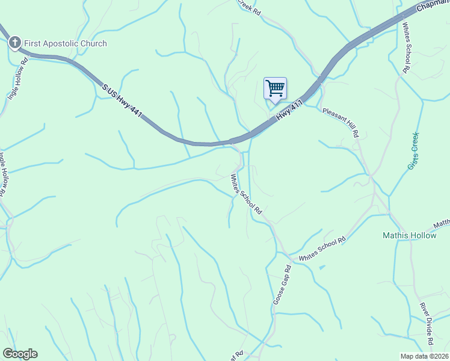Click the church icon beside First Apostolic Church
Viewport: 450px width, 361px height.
pyautogui.click(x=14, y=43)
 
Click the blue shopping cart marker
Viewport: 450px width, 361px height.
pyautogui.click(x=275, y=88)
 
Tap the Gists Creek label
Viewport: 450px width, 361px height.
pyautogui.click(x=413, y=150)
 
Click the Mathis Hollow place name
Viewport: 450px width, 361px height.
pyautogui.click(x=410, y=235)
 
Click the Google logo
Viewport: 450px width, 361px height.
pyautogui.click(x=20, y=354)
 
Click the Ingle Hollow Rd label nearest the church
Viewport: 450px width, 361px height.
pyautogui.click(x=17, y=78)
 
